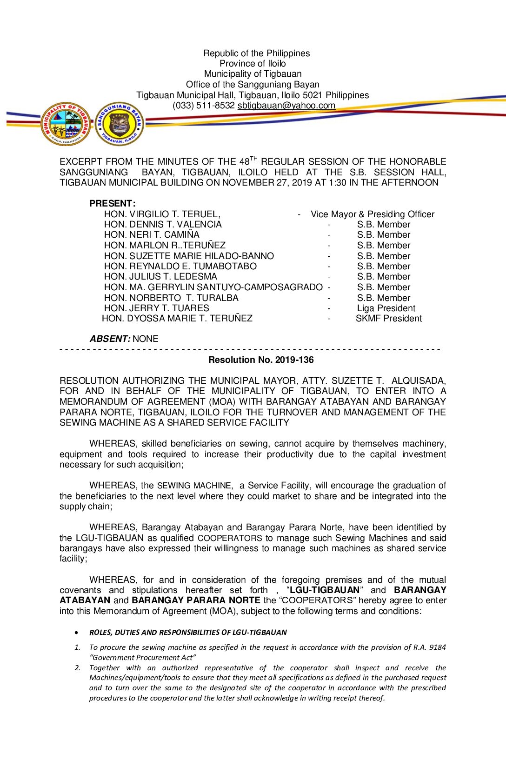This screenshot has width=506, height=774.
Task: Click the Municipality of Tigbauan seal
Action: [x=65, y=124]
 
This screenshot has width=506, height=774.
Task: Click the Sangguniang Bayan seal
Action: [x=120, y=124]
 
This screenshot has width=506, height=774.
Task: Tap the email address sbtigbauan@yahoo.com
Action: [x=286, y=106]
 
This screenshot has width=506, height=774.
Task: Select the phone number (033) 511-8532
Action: [x=203, y=106]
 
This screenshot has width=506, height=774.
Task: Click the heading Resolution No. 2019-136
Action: [x=261, y=360]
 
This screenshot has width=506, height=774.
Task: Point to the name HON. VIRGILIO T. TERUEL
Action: [x=162, y=214]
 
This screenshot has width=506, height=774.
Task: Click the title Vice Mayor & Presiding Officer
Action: [x=373, y=214]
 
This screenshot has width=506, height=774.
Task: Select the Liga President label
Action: [x=386, y=308]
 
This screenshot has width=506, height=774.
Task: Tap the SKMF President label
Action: [x=389, y=319]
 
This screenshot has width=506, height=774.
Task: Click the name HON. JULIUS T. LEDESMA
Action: [x=160, y=277]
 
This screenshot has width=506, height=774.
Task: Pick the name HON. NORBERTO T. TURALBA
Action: [x=171, y=298]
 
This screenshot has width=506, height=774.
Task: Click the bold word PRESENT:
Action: [x=113, y=204]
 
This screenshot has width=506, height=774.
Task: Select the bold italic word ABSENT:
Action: [x=110, y=339]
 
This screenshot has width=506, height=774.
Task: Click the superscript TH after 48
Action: [x=253, y=159]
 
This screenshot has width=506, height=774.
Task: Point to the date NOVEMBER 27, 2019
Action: [x=265, y=183]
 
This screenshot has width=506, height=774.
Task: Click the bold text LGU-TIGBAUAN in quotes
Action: [x=325, y=590]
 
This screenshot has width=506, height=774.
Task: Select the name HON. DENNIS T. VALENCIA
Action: [x=163, y=225]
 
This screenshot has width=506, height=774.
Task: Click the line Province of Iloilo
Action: [x=253, y=64]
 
